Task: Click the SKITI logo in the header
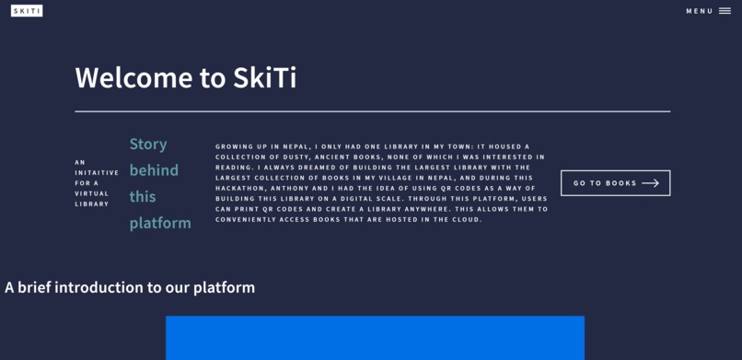click(27, 11)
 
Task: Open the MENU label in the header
click(700, 11)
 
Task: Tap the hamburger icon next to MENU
click(725, 11)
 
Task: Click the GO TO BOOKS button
click(615, 183)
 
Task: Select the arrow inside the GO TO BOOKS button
click(650, 183)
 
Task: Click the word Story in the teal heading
click(148, 144)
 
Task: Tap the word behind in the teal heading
click(154, 170)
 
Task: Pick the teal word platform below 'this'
click(160, 223)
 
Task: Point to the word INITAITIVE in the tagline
click(97, 172)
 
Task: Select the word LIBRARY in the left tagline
click(91, 203)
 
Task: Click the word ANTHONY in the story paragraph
click(296, 188)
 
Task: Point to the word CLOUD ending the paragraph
click(468, 219)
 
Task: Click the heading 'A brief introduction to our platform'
click(130, 287)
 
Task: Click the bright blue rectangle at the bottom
click(375, 338)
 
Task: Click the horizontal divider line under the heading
click(372, 111)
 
